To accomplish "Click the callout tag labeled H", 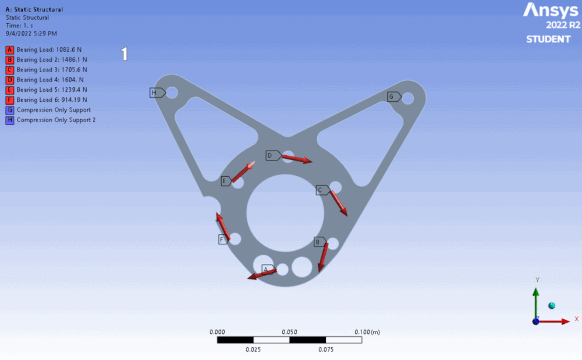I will click(155, 92).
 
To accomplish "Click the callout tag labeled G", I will click(392, 97).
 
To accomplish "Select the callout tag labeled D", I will click(271, 155).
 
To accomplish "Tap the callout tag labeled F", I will click(222, 239).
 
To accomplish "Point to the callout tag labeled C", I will click(321, 190).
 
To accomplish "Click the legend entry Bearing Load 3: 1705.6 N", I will click(52, 70).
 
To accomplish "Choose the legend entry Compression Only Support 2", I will click(56, 120).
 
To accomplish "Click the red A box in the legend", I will click(10, 50).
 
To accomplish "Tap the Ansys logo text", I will click(551, 10).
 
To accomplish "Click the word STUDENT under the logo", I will click(548, 39).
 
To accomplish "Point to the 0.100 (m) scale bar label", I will click(367, 332).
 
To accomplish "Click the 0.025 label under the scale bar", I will click(253, 350).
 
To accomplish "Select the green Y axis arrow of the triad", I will click(536, 300).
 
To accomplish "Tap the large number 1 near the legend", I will click(124, 54).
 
